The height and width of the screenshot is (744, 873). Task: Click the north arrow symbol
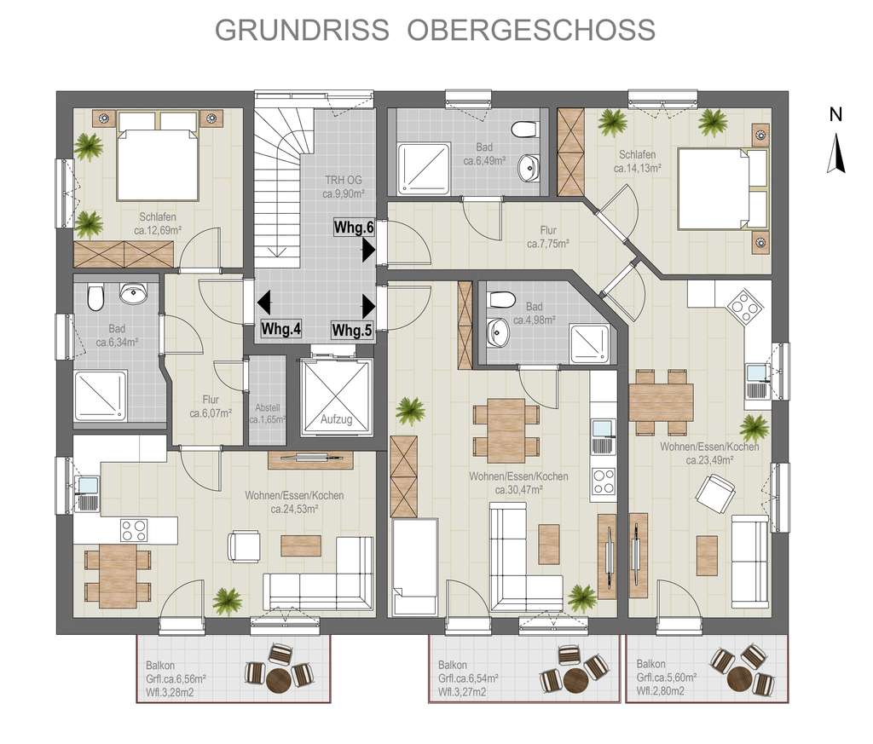tap(837, 153)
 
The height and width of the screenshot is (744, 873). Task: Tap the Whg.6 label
tap(354, 228)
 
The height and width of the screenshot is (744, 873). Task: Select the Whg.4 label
tap(281, 329)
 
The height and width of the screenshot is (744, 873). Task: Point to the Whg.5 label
tap(352, 329)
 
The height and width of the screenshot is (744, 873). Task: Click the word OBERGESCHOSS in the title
tap(531, 29)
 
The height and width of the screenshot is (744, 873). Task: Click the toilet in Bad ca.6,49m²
tap(524, 130)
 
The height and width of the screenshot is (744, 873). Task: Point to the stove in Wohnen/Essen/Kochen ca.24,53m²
tap(134, 530)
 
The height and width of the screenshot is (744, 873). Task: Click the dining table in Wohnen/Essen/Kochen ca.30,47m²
tap(506, 430)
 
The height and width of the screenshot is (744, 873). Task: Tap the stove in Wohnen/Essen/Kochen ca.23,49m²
tap(742, 303)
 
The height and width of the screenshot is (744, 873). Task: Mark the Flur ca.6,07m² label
tap(210, 406)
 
